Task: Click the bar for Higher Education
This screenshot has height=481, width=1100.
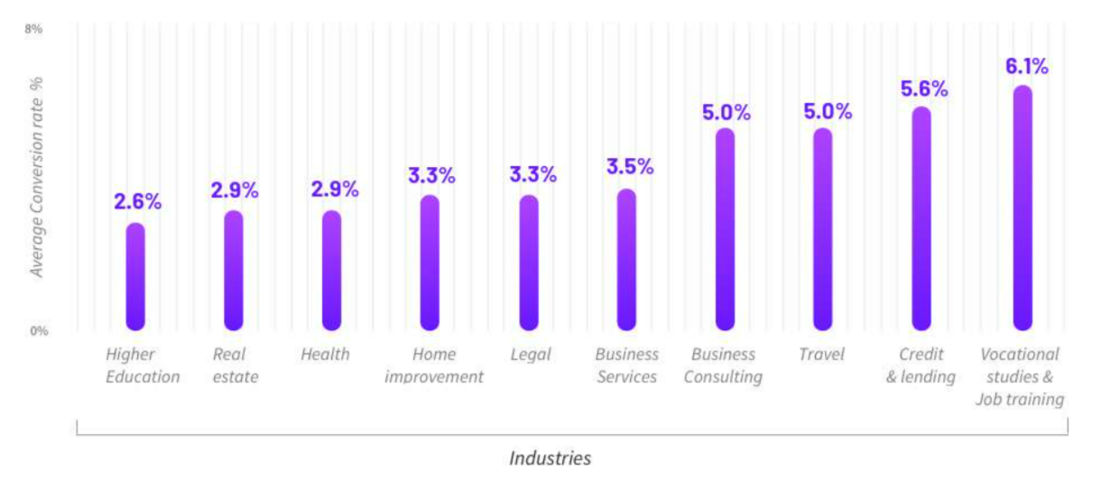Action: click(135, 276)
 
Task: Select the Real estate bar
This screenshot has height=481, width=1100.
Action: click(234, 271)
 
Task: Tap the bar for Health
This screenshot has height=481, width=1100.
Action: click(332, 271)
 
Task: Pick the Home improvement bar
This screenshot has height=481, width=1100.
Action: click(430, 263)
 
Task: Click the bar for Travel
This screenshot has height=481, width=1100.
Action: click(823, 229)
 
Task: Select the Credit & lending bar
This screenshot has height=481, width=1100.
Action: click(921, 218)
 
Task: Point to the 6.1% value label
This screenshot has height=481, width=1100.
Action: click(1026, 66)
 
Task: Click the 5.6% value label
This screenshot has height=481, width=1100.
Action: click(924, 88)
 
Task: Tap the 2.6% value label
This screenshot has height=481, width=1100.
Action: click(137, 201)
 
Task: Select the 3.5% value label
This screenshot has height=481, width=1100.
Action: click(630, 167)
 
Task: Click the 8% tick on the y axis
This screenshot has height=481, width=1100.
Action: click(33, 29)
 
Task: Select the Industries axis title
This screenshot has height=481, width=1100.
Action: click(550, 458)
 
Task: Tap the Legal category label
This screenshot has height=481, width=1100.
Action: click(531, 355)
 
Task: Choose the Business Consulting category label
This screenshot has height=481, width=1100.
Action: click(723, 365)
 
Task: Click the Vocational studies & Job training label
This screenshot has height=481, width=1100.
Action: click(1020, 376)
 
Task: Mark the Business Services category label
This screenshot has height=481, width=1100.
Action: click(626, 365)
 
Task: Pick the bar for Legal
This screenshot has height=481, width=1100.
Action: click(529, 263)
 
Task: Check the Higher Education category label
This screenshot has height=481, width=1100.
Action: click(143, 365)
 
